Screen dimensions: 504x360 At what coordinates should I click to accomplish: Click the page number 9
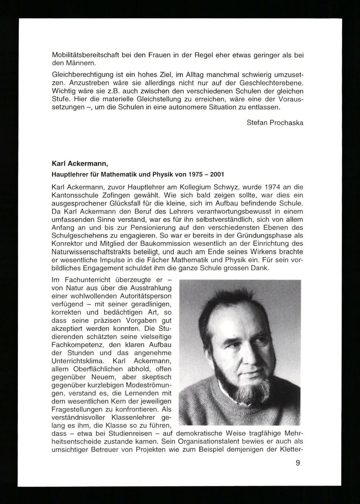click(x=298, y=463)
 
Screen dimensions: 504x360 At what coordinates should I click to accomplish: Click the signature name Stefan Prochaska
click(x=275, y=123)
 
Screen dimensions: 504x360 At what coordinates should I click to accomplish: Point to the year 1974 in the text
click(x=273, y=187)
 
